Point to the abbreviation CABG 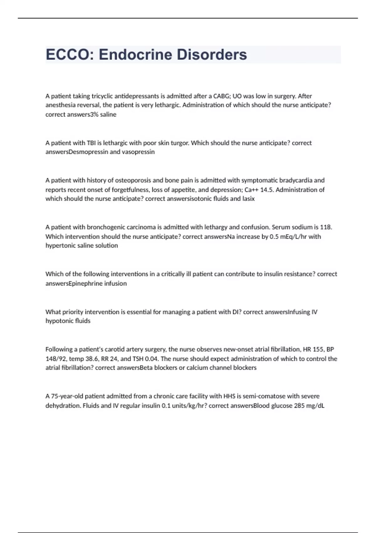click(x=222, y=96)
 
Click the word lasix click(x=248, y=199)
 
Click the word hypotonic click(x=60, y=321)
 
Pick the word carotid click(x=116, y=349)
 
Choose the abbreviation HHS click(x=229, y=396)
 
